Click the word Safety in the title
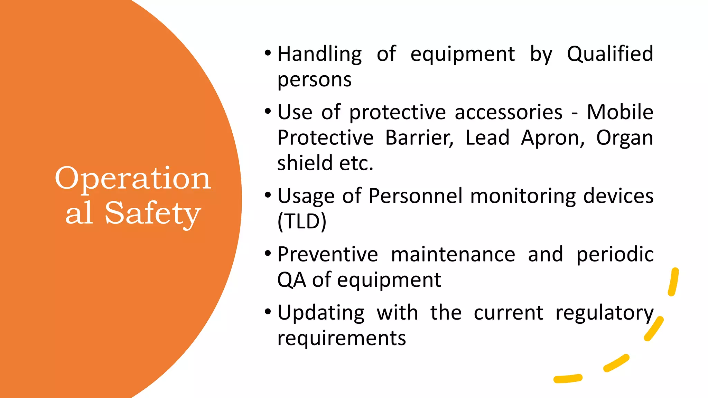152,213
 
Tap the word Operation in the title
133,178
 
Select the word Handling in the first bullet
320,54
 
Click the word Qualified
610,54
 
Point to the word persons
314,80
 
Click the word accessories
509,112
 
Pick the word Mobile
620,112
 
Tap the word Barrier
419,138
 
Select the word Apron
552,138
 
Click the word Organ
625,138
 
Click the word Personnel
416,196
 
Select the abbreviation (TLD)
302,221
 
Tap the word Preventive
328,255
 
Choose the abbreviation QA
291,280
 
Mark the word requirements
342,338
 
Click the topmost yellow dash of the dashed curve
673,282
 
